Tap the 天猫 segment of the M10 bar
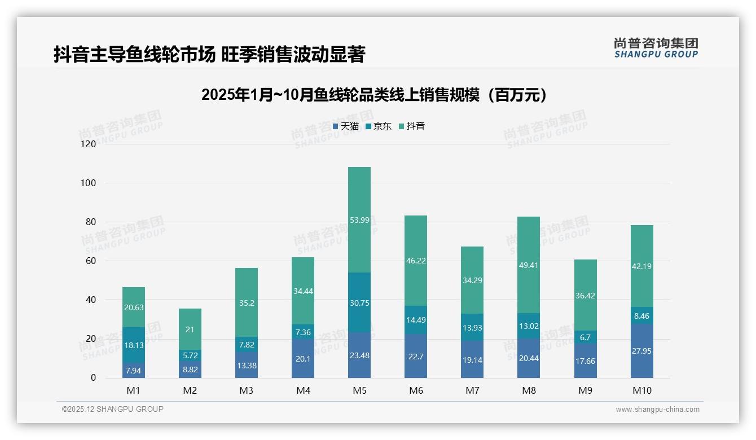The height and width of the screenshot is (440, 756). (x=641, y=351)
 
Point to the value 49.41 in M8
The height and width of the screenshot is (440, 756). (x=529, y=265)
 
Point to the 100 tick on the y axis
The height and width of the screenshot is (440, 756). (x=89, y=183)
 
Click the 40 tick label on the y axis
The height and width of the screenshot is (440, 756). (x=90, y=300)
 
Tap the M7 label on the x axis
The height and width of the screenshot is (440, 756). (x=472, y=390)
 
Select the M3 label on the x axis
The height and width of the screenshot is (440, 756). (x=247, y=390)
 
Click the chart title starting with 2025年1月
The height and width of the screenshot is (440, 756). (x=375, y=95)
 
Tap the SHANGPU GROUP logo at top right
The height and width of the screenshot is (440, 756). (x=656, y=48)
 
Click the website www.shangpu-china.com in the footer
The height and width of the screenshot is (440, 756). (x=657, y=410)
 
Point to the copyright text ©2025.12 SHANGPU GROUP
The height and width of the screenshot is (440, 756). (x=113, y=410)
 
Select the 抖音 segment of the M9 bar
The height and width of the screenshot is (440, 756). (x=585, y=295)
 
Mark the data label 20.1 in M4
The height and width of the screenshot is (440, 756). (x=303, y=359)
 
